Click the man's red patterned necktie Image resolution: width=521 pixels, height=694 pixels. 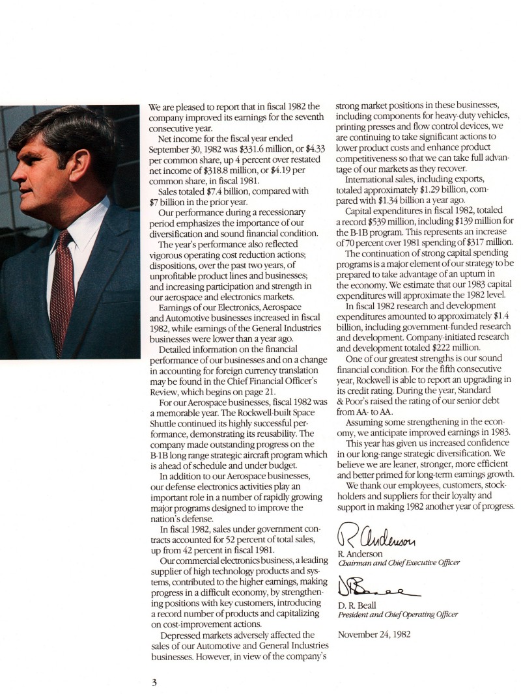point(63,286)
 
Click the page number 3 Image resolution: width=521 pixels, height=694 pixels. point(154,682)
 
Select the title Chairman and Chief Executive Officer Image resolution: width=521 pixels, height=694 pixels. point(399,562)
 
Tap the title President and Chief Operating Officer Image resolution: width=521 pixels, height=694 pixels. point(397,614)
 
